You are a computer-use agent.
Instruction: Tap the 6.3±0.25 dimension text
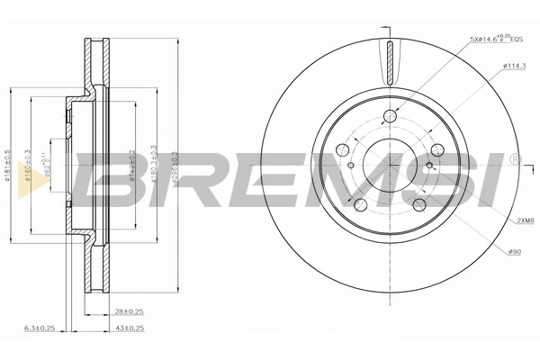point(40,329)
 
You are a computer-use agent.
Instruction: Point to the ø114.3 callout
point(514,65)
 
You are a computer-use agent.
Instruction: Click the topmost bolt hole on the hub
point(389,114)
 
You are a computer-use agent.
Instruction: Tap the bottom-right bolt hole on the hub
point(418,204)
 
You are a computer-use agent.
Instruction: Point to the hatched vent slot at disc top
point(389,64)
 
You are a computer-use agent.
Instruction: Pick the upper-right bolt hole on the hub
point(436,149)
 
